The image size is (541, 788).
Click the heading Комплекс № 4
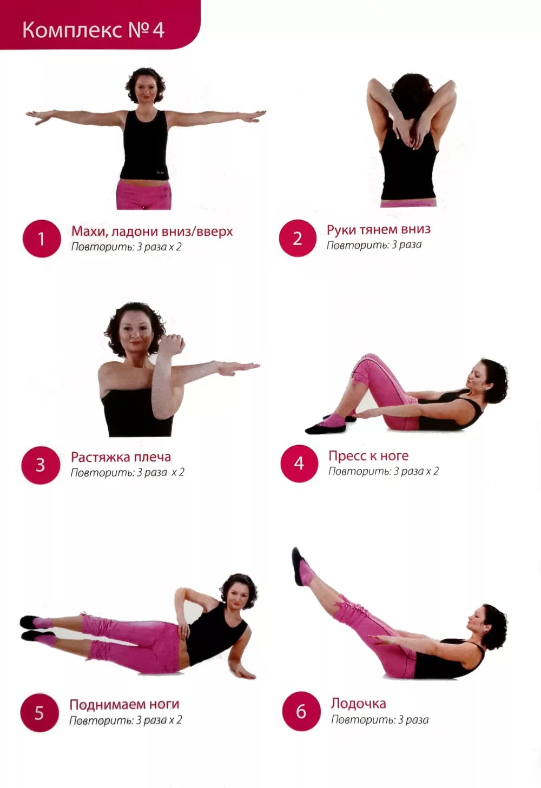(93, 30)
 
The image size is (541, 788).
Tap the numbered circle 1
(42, 239)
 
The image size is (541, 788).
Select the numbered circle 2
(298, 238)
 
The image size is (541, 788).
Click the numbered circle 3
(41, 465)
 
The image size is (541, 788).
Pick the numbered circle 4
(299, 463)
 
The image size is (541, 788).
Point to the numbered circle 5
(39, 713)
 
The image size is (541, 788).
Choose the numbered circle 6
(301, 711)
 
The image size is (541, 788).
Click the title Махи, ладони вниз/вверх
(152, 231)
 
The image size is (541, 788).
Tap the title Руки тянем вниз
(378, 229)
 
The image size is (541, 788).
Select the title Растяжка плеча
(121, 456)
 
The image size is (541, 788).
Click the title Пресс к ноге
(368, 455)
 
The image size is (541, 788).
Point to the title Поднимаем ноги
(124, 704)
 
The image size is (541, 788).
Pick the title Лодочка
(358, 703)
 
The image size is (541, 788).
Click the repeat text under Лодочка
(380, 720)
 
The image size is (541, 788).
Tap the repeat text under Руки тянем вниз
(374, 245)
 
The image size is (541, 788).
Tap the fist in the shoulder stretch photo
(172, 343)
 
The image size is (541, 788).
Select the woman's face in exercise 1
(145, 89)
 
